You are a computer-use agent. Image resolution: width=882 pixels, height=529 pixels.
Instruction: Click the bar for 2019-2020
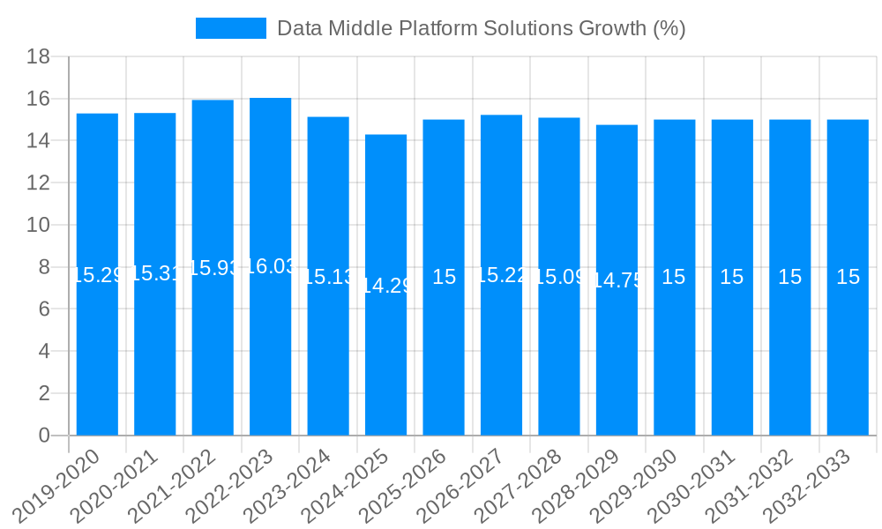pos(97,353)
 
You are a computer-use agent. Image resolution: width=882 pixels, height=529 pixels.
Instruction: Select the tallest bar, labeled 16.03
pos(271,353)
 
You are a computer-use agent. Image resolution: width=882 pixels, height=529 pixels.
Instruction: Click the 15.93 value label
pos(213,268)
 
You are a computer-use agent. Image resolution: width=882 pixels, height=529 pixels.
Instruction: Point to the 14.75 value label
pos(617,280)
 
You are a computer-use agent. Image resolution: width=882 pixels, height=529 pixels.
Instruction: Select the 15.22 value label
pos(501,275)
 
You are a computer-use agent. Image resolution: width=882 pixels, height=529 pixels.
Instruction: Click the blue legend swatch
pos(231,28)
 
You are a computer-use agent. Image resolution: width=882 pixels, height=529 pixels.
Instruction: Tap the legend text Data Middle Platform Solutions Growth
pos(481,28)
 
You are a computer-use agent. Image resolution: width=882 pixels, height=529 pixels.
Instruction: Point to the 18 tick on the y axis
pos(38,57)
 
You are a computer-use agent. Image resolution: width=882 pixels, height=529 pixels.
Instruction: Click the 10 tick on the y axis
pos(38,225)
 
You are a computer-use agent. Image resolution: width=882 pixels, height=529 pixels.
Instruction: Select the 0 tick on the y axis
pos(44,436)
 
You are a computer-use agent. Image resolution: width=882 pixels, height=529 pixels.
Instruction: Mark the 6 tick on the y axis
pos(44,309)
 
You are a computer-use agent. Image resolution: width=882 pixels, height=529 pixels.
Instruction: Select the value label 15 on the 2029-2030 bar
pos(674,277)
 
